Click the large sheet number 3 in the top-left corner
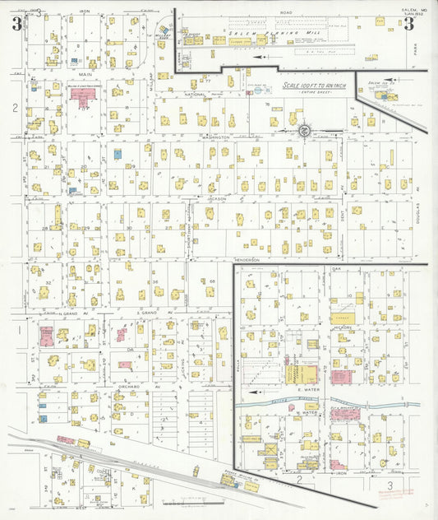17,23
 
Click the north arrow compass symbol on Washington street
304,130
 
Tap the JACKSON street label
216,198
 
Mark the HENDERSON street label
247,260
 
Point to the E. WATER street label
307,389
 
